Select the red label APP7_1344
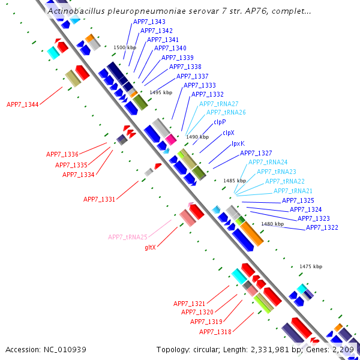tap(22, 104)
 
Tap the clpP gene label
tap(220, 122)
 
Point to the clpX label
tap(228, 133)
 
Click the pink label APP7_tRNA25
tap(127, 237)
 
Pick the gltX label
tap(150, 247)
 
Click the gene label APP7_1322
tap(322, 227)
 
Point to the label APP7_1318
tap(215, 332)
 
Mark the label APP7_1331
tap(99, 199)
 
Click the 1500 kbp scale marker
tap(125, 47)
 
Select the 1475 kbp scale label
tap(311, 266)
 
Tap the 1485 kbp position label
tap(235, 180)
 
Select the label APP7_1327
tap(256, 153)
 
